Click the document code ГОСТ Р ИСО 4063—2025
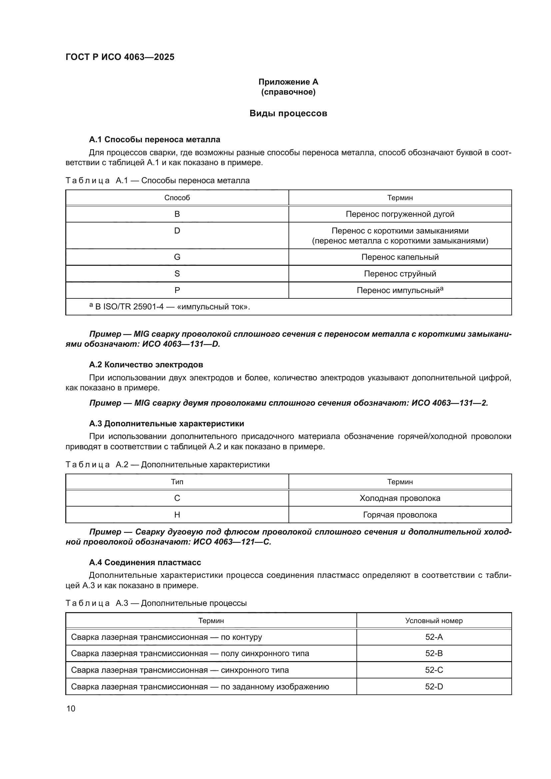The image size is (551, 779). [120, 57]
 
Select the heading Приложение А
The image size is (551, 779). [288, 82]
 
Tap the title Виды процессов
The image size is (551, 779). [288, 113]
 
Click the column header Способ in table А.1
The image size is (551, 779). [177, 198]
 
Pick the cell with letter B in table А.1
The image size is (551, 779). [177, 214]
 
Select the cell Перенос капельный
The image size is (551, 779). [400, 257]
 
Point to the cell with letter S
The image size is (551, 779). [177, 274]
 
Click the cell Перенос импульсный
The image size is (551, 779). [400, 290]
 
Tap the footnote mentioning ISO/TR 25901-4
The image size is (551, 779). [170, 307]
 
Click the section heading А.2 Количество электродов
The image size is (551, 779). [146, 365]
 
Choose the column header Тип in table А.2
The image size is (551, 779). [177, 482]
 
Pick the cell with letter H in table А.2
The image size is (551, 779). [177, 515]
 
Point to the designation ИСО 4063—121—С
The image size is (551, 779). [232, 542]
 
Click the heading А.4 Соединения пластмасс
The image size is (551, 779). [145, 563]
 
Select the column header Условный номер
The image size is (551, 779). [434, 621]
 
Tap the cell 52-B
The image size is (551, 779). [434, 653]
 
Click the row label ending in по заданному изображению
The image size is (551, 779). [200, 687]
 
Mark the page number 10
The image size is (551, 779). [71, 708]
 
